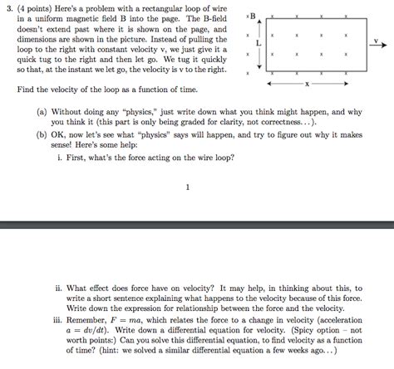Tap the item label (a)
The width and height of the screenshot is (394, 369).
pos(42,109)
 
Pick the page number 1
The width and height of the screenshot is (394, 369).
pos(188,187)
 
